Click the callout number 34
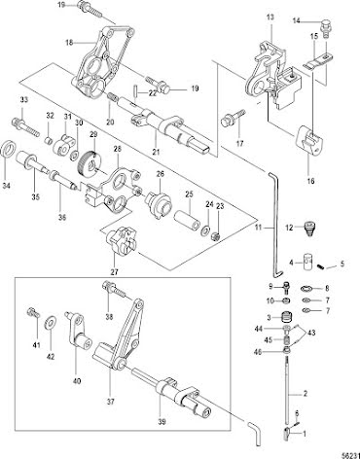pos(7,186)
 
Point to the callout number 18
pos(70,43)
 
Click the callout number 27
pos(115,271)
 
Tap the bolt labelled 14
pos(325,28)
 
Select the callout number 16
pos(310,181)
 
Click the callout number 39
pos(162,422)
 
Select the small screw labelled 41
pos(33,312)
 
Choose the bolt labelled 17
pos(233,119)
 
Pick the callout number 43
pos(311,333)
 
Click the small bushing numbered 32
pos(49,141)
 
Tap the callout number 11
pos(258,228)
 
